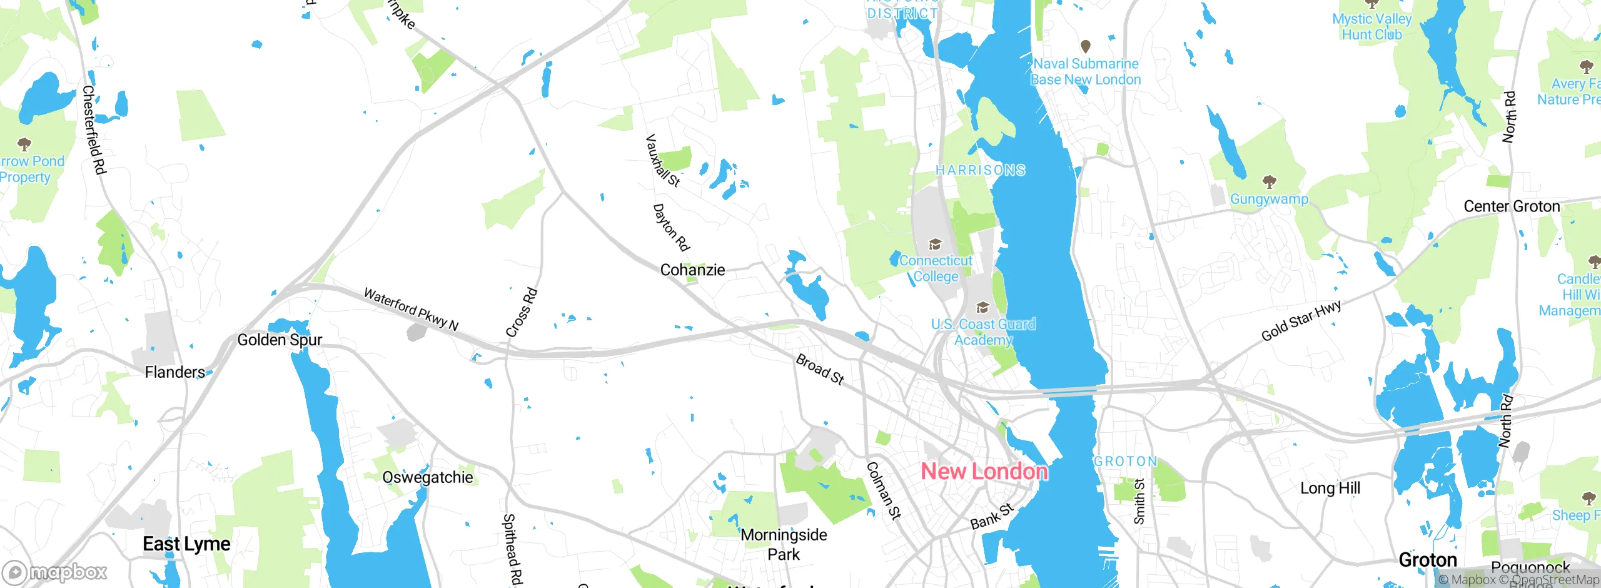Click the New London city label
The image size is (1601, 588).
point(984,472)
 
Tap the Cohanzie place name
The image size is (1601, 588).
point(692,270)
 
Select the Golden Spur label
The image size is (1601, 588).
point(280,340)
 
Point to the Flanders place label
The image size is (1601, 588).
point(175,373)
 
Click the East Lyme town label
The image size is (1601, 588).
point(186,544)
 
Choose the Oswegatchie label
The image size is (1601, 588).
point(428,477)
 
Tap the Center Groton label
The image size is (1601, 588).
point(1512,207)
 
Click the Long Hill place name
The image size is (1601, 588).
point(1330,488)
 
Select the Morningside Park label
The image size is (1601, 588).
point(784,544)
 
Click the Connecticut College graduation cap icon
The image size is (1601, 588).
point(935,244)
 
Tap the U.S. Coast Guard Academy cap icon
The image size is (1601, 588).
point(982,307)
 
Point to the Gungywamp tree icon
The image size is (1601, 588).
point(1269,182)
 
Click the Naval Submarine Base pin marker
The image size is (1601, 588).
point(1086,46)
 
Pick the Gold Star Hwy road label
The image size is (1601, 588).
point(1301,321)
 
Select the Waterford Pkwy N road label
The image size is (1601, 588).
point(411,309)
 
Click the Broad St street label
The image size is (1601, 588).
point(820,369)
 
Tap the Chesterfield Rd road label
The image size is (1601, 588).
point(94,129)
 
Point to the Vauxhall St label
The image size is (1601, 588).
point(662,160)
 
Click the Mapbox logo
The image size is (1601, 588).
point(54,572)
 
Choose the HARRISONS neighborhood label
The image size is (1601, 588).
point(980,170)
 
